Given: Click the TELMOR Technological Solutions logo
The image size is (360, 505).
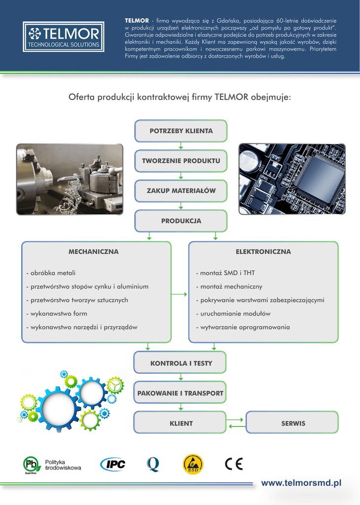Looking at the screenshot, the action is click(64, 36).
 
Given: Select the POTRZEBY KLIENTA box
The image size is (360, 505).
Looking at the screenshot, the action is click(181, 131).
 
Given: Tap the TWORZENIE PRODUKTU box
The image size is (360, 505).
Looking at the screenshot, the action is click(181, 161).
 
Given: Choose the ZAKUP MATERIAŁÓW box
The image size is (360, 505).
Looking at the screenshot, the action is click(181, 191).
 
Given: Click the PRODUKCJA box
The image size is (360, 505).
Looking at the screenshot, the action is click(181, 221).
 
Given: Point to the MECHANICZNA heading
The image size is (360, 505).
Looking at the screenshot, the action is click(93, 252).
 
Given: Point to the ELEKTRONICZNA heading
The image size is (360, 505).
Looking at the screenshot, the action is click(263, 252).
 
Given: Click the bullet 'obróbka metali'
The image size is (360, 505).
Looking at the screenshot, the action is click(51, 273).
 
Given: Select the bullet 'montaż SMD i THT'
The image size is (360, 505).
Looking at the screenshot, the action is click(225, 273).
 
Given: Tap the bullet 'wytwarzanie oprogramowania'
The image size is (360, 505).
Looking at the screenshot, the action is click(243, 327).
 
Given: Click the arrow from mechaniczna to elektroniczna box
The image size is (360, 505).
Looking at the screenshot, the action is click(180, 294).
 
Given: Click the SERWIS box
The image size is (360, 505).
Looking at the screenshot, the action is click(292, 423).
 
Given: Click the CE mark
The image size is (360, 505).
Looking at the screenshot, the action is click(234, 464).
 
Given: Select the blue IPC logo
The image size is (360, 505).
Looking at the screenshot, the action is click(113, 464).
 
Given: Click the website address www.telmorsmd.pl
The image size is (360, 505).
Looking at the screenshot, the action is click(301, 483).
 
